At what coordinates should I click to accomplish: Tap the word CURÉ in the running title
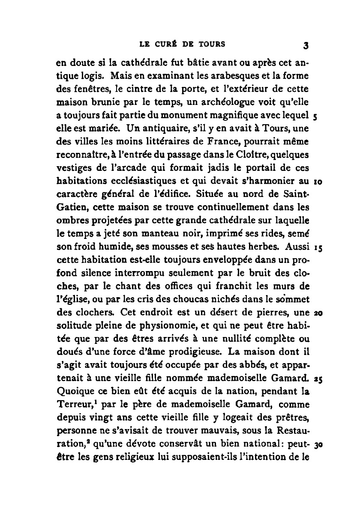coord(164,44)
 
